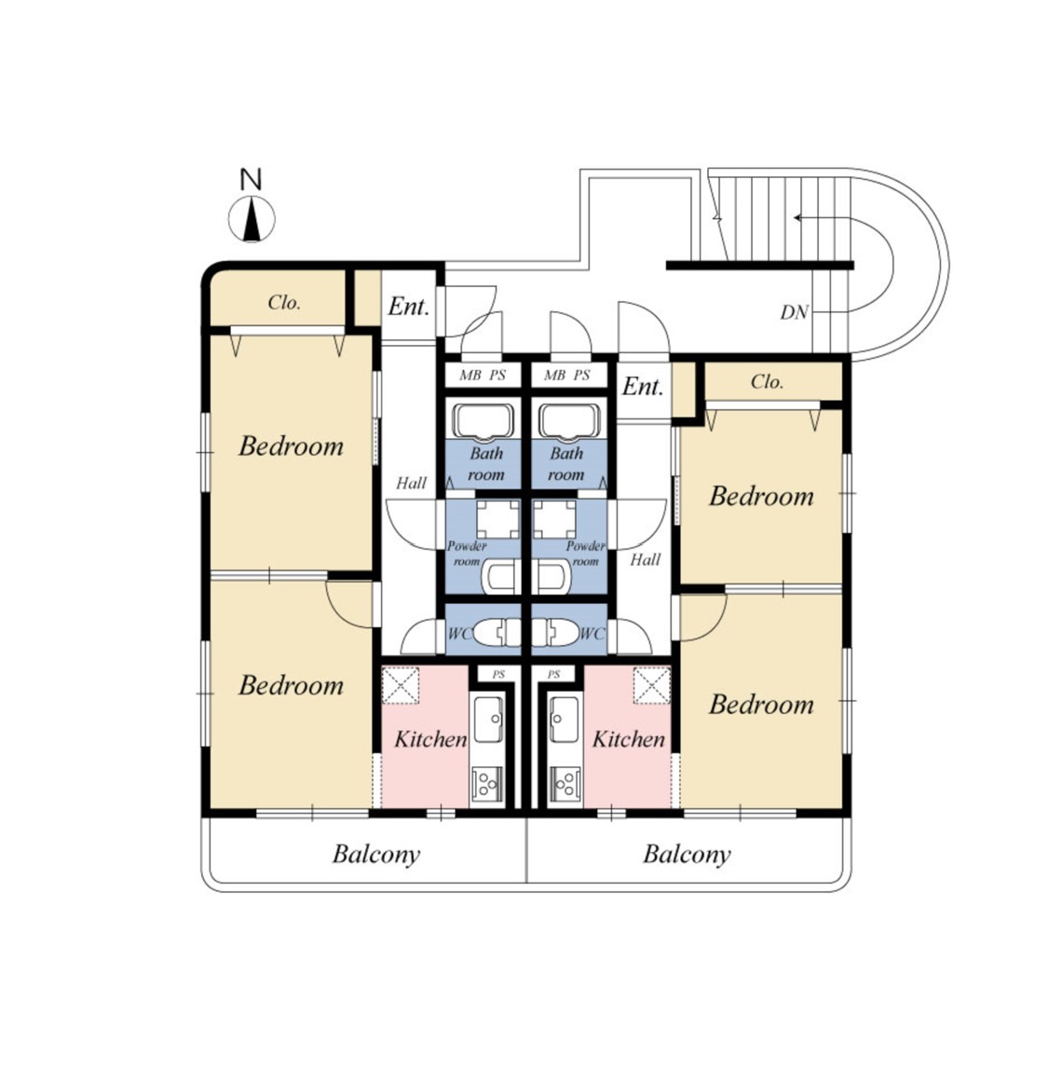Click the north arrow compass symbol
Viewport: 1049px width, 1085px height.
pos(252,219)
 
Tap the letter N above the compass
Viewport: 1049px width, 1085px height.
pos(251,180)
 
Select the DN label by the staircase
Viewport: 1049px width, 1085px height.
pos(794,313)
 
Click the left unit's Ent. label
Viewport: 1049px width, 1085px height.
pos(409,307)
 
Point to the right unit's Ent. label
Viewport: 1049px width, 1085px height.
pos(643,387)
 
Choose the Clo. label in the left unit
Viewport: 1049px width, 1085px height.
pos(284,302)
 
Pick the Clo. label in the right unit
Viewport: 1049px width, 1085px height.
pos(767,382)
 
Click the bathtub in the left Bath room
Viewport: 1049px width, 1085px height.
pos(483,420)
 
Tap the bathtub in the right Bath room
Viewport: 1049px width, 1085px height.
pos(568,420)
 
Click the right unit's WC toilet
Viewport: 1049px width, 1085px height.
pos(554,632)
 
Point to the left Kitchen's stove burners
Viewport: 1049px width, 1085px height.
pos(487,784)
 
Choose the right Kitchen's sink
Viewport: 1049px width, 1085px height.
pos(565,719)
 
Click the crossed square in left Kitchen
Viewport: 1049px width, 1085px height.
pos(402,685)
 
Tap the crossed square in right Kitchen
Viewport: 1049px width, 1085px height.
pos(652,685)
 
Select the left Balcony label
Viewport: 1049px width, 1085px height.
pos(376,854)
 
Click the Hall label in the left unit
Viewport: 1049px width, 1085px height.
pos(412,483)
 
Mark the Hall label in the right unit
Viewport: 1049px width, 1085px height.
pos(646,559)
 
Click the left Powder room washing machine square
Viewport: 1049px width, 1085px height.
pos(497,518)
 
